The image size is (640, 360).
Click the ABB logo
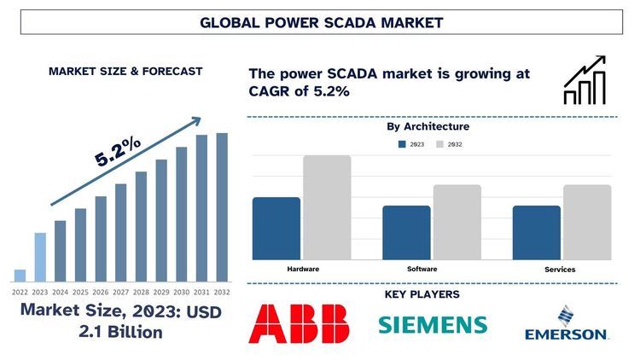(299, 324)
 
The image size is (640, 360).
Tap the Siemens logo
(433, 325)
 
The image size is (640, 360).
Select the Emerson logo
(566, 325)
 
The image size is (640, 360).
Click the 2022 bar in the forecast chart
(20, 275)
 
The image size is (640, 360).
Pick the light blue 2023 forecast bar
(40, 257)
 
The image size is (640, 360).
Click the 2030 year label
(182, 291)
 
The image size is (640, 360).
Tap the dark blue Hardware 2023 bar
(276, 228)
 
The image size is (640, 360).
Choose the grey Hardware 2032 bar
(327, 207)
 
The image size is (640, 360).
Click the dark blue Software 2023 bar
(406, 232)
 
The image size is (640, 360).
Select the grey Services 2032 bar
(587, 222)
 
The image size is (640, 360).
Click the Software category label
(422, 270)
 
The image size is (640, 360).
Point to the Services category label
(560, 270)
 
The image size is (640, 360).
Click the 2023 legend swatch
(403, 144)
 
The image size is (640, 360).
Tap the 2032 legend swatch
(440, 144)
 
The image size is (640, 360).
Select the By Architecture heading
(428, 127)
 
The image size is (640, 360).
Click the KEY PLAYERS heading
(428, 294)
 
